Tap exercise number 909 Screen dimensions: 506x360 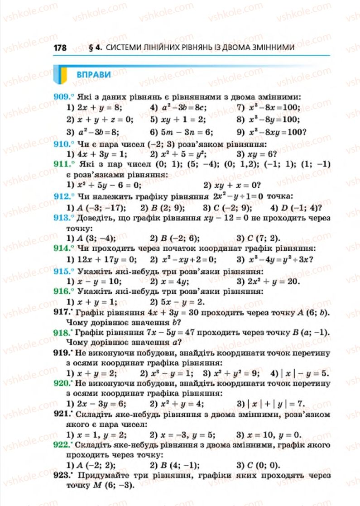[x=62, y=97]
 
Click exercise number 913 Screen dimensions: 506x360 [x=62, y=218]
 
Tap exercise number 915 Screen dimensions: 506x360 [x=62, y=271]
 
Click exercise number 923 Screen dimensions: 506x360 [x=62, y=476]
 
